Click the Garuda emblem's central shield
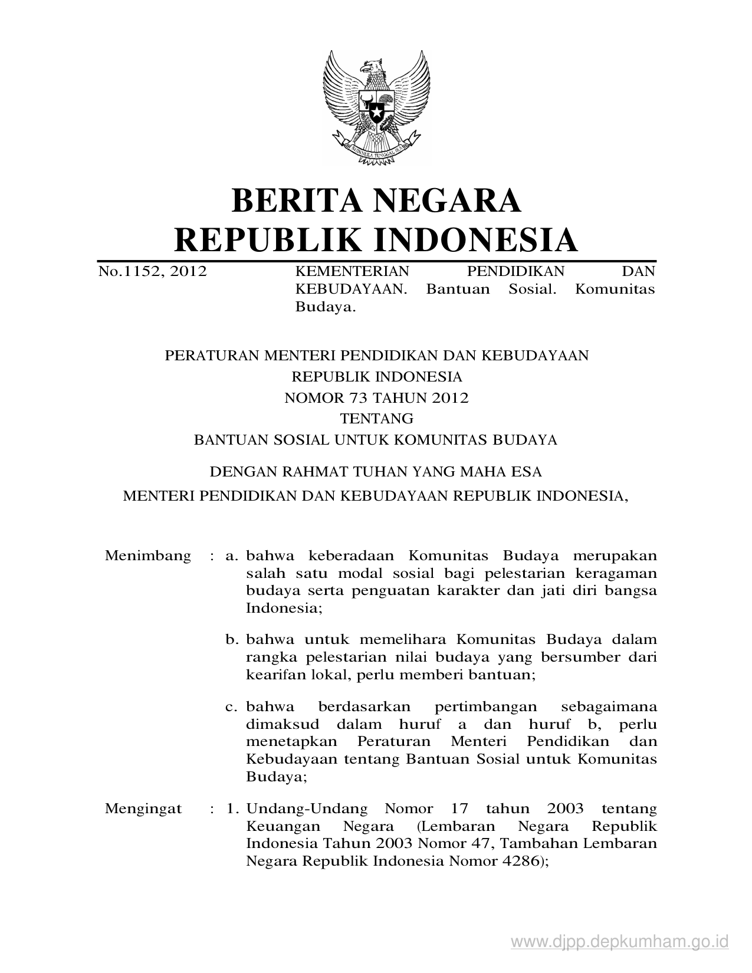[376, 106]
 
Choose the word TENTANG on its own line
[376, 419]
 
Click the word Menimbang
[147, 555]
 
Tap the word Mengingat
[143, 808]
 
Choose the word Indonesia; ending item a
[284, 608]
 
